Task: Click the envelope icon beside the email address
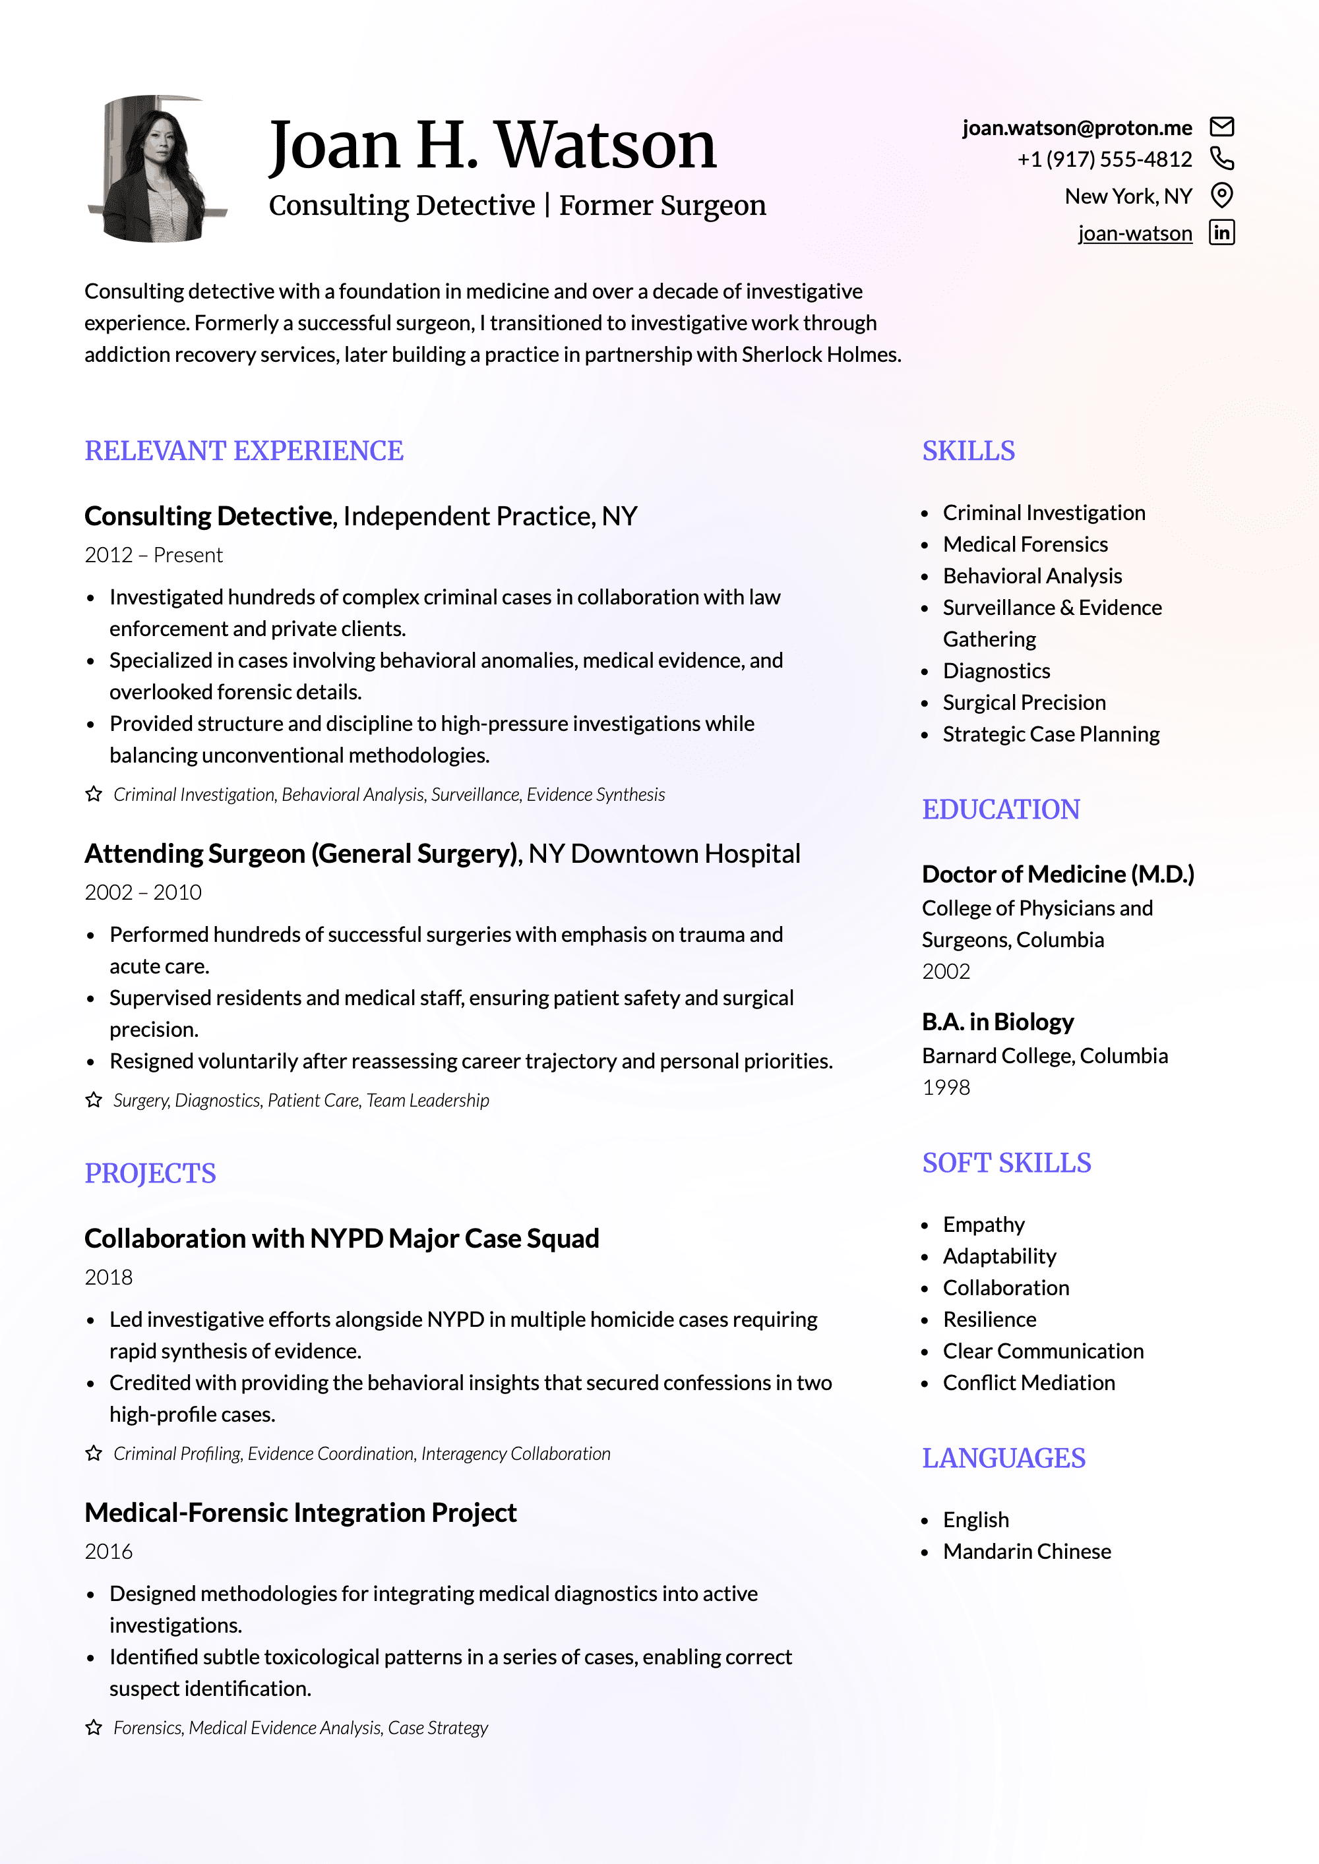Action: [x=1221, y=127]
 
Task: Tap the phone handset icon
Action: [x=1221, y=158]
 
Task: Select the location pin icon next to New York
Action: [x=1221, y=195]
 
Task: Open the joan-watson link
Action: [x=1134, y=234]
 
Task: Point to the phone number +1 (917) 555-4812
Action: [x=1105, y=159]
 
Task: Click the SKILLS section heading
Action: [x=968, y=451]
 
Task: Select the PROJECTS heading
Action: [x=150, y=1174]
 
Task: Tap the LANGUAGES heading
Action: [x=1003, y=1459]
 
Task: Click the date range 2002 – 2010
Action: [x=143, y=892]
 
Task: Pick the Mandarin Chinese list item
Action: [x=1027, y=1552]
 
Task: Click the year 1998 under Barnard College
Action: [x=945, y=1088]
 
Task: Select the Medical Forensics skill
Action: [x=1025, y=544]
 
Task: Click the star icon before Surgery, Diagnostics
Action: [x=94, y=1100]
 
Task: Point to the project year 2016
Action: [x=109, y=1552]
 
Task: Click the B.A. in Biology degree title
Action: [x=997, y=1022]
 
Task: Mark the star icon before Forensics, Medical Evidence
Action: [x=94, y=1728]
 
